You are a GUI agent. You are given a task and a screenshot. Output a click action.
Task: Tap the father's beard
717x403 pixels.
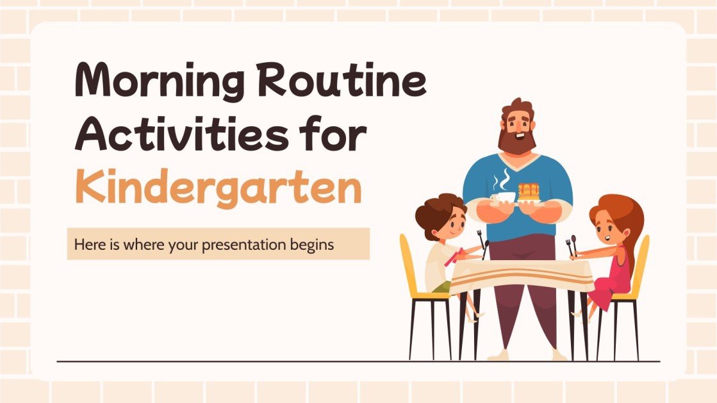point(516,140)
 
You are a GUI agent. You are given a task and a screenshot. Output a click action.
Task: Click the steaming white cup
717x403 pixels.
point(503,197)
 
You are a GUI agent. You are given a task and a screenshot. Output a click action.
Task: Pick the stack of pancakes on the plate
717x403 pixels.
point(528,192)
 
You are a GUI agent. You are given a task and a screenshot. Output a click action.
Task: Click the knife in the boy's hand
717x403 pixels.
point(485,249)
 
